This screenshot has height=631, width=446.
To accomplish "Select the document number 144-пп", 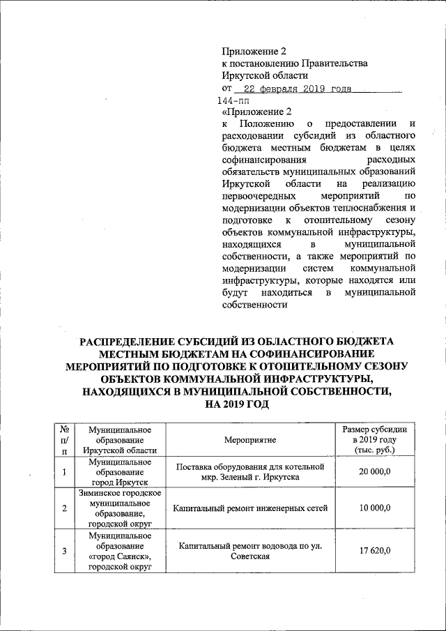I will [235, 102].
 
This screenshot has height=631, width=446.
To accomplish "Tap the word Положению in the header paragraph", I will [264, 123].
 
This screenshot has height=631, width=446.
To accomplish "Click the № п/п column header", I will [64, 440].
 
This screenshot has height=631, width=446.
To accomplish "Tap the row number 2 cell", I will [64, 508].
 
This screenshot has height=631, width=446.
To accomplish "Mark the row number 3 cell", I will [64, 552].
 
